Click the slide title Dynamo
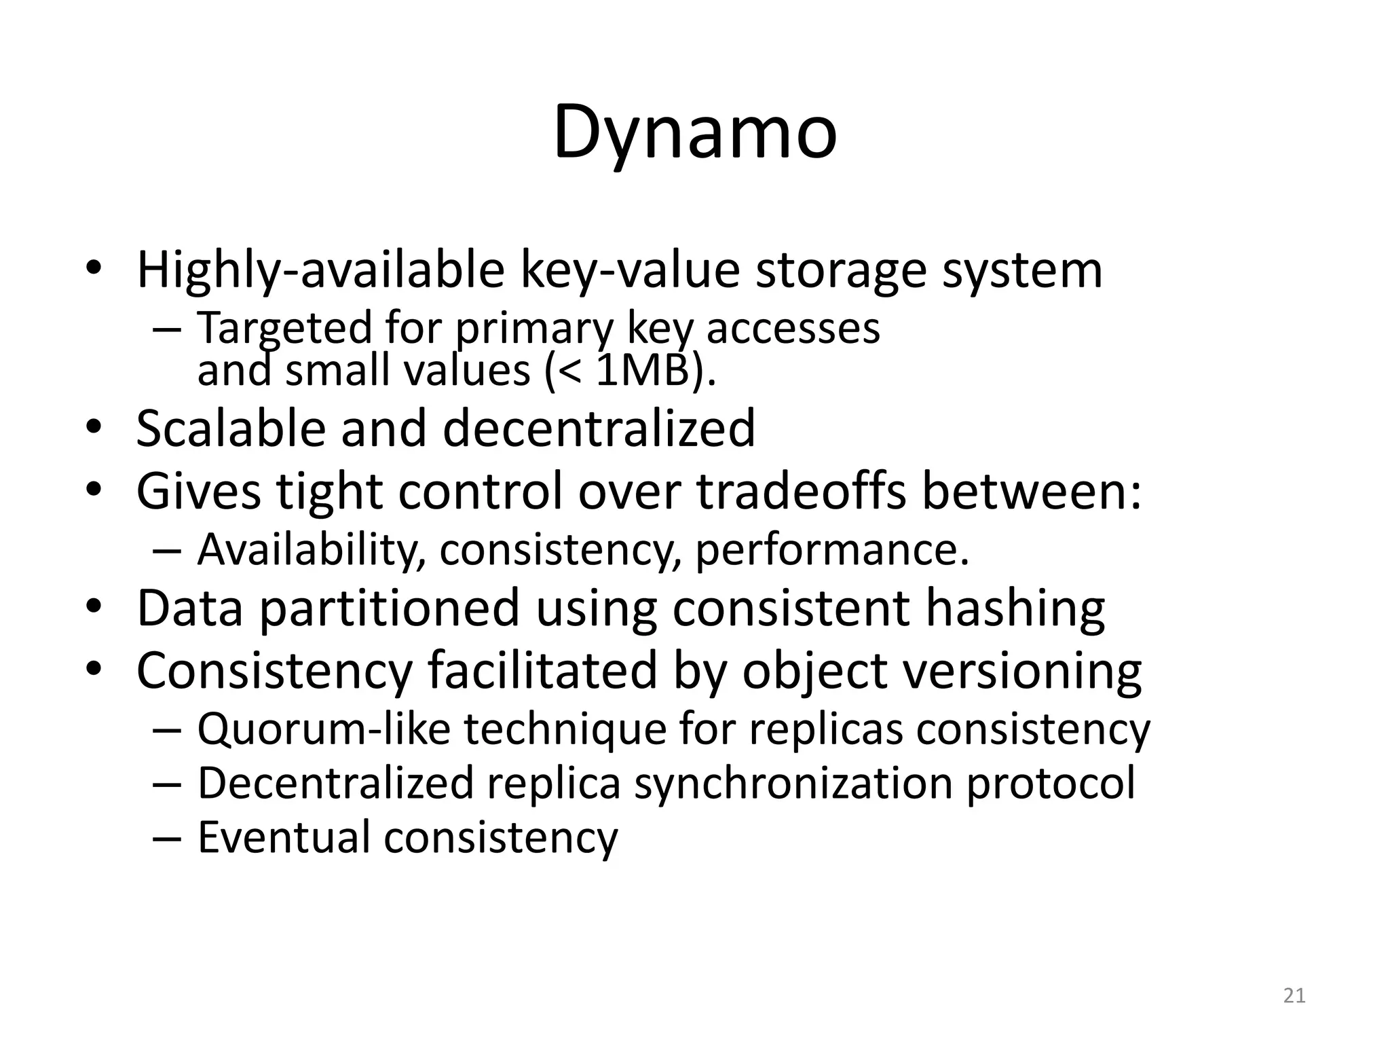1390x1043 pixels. [x=695, y=132]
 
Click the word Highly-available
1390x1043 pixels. [x=320, y=270]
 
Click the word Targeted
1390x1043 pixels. [x=284, y=328]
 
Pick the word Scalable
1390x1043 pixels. [x=230, y=428]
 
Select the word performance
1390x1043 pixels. [x=831, y=549]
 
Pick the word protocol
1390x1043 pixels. [x=1051, y=783]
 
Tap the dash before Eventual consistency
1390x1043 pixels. [x=167, y=837]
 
